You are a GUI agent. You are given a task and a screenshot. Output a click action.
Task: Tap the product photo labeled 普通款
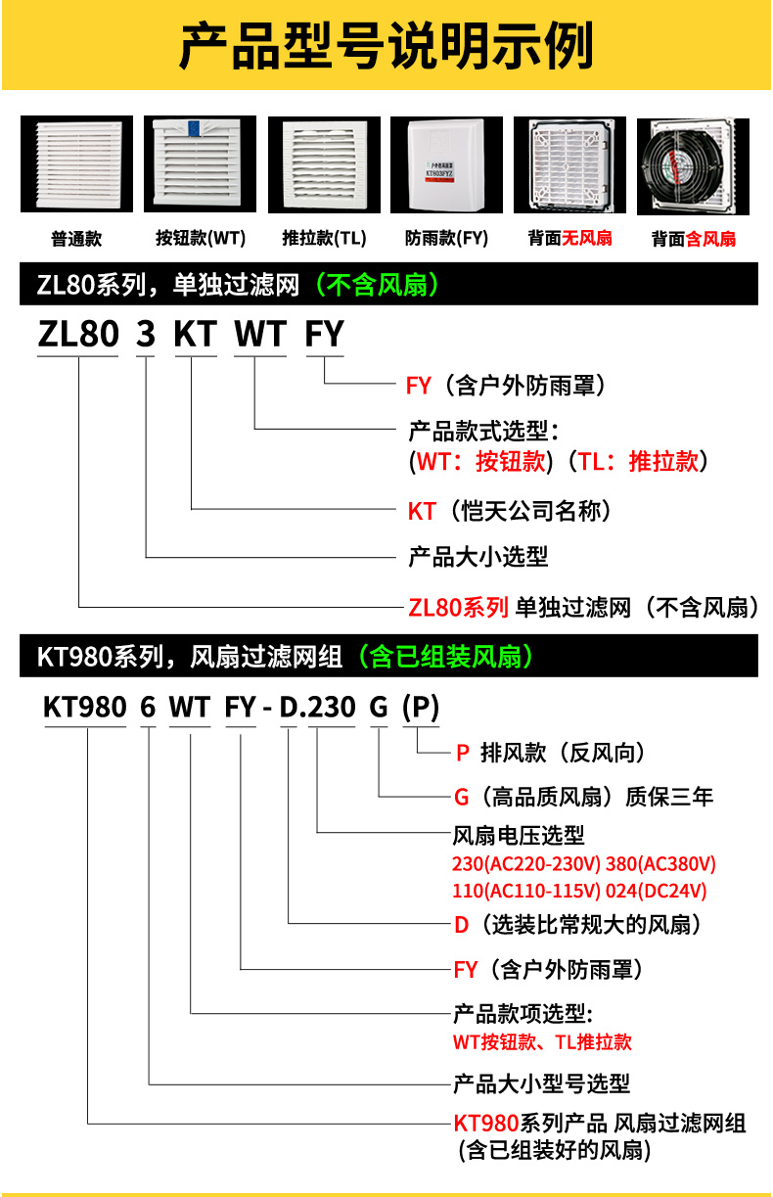point(75,164)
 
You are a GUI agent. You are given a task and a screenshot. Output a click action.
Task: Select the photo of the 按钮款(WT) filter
point(200,164)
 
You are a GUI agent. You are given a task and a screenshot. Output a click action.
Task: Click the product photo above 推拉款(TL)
point(323,164)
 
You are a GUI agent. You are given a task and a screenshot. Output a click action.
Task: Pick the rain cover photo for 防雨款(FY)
point(446,164)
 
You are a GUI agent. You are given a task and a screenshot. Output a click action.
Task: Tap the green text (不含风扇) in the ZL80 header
point(377,285)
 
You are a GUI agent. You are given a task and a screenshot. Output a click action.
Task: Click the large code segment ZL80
point(77,334)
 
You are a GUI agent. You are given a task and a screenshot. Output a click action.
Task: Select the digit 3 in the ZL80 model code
point(145,334)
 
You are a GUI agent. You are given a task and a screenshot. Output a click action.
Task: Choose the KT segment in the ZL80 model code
point(195,334)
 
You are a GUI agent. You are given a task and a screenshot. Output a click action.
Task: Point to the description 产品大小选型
point(477,557)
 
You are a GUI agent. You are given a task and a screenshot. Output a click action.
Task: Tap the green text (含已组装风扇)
point(445,656)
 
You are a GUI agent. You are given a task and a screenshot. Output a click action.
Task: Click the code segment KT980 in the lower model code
point(85,708)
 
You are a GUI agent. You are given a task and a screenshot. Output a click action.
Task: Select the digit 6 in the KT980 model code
point(148,708)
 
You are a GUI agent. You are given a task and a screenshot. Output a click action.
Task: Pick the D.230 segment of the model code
point(317,708)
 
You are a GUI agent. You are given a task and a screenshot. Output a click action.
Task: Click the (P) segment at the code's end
point(421,708)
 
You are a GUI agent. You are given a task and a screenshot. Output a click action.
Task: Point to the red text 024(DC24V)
point(658,891)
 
